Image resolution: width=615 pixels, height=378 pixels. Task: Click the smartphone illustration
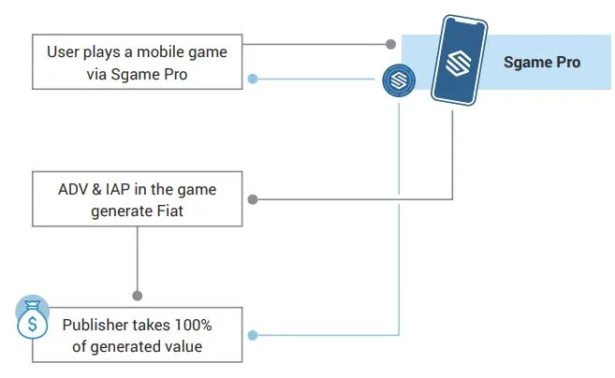[x=460, y=61]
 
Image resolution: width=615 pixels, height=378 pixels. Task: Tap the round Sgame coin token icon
[x=399, y=80]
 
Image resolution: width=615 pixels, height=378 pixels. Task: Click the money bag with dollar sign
[x=33, y=320]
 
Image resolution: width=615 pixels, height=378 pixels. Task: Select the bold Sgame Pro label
[x=542, y=63]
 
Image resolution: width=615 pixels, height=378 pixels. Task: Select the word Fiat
[x=169, y=211]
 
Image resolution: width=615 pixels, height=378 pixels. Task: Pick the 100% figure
[x=193, y=325]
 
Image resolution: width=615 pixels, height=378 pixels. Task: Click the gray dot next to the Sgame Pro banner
[x=390, y=44]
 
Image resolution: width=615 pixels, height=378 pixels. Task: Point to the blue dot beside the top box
[x=253, y=79]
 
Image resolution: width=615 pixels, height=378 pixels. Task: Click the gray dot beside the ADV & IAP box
[x=253, y=199]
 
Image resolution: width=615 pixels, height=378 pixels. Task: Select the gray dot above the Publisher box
[x=138, y=296]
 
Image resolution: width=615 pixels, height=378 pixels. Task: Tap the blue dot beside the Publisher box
[x=253, y=335]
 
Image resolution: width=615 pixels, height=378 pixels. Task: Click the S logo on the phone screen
[x=459, y=62]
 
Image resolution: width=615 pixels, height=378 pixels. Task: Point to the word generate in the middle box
[x=122, y=211]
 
